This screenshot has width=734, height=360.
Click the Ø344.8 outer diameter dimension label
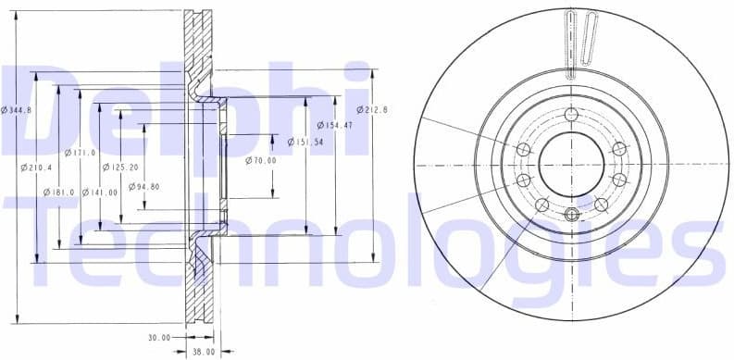[17, 110]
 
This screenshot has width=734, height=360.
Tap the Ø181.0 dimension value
[59, 192]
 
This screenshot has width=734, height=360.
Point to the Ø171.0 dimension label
[81, 152]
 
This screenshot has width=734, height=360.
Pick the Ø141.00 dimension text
[100, 192]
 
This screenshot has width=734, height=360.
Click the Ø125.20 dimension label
[119, 168]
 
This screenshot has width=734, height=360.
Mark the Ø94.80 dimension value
[143, 186]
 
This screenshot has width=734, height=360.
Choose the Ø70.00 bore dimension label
[261, 160]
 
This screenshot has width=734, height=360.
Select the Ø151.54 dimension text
[305, 142]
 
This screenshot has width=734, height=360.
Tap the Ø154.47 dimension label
[334, 124]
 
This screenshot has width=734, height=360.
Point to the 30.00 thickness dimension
[159, 338]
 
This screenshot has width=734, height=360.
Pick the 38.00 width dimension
[203, 352]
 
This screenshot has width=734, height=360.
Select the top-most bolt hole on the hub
[570, 114]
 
